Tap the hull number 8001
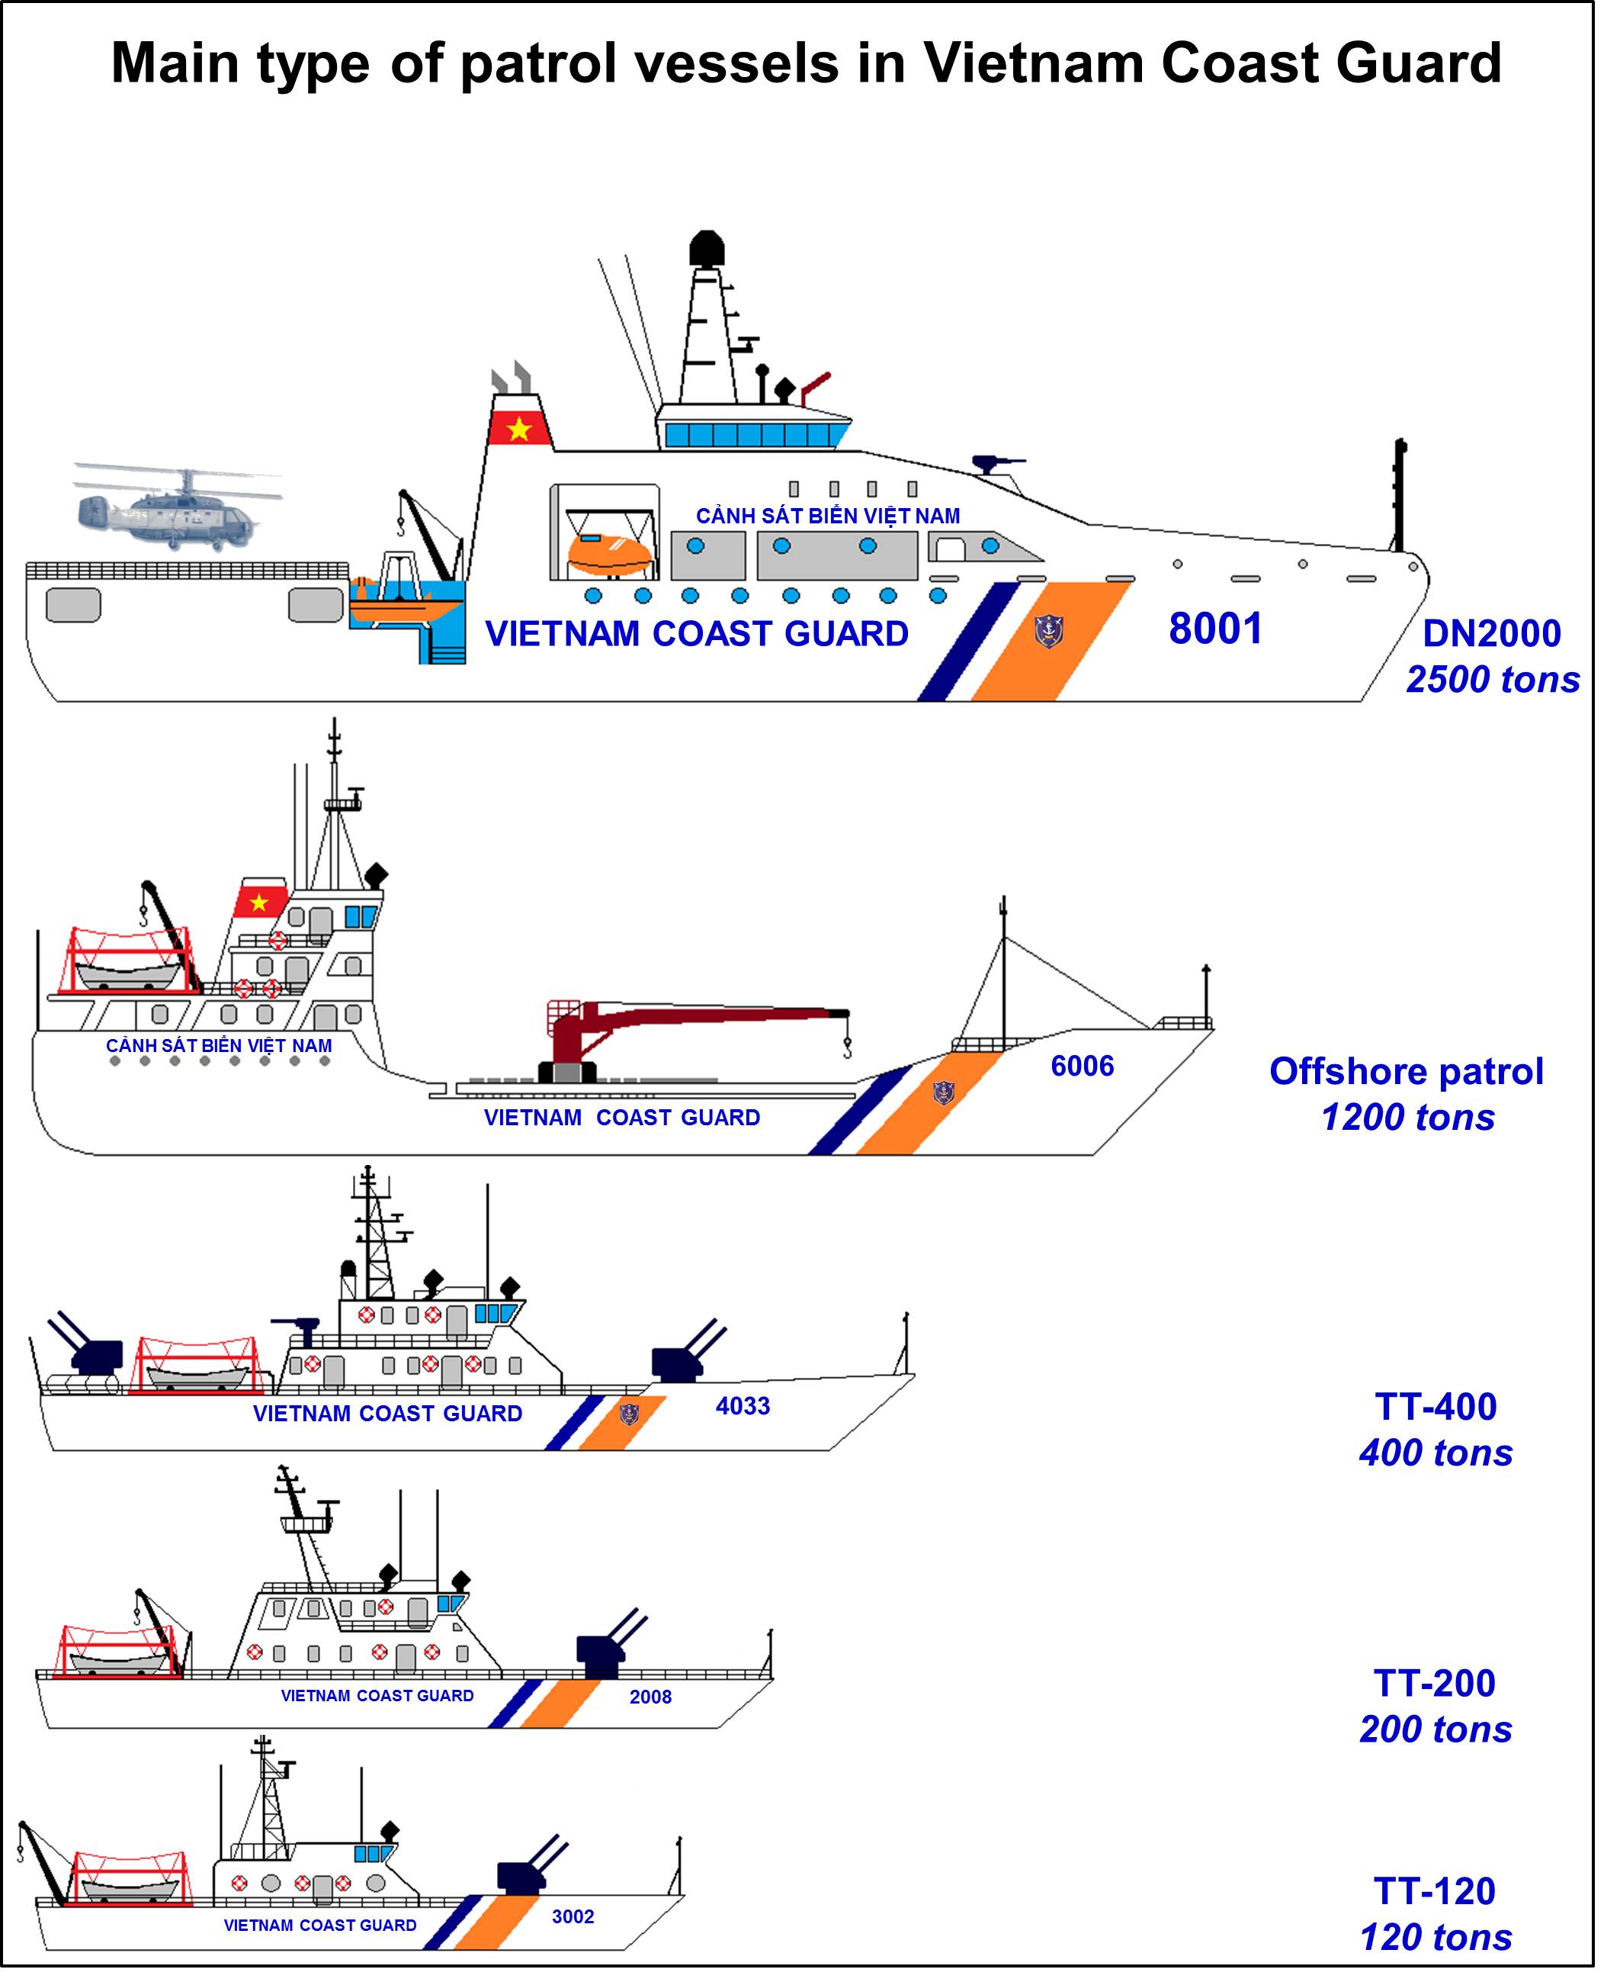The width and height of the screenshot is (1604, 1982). (1215, 629)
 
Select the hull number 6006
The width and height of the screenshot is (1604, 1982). (1082, 1066)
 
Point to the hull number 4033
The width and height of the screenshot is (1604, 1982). (742, 1406)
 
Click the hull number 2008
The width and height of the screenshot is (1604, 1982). (650, 1697)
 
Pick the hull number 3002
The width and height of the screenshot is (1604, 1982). (573, 1916)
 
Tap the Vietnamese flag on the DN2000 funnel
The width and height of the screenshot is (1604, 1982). (519, 428)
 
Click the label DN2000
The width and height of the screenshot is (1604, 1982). (1491, 633)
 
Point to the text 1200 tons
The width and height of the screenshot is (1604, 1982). (1407, 1117)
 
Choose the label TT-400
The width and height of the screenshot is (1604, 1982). (1435, 1406)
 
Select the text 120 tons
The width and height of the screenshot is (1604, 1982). (1435, 1937)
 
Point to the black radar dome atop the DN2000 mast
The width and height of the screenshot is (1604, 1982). (707, 249)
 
